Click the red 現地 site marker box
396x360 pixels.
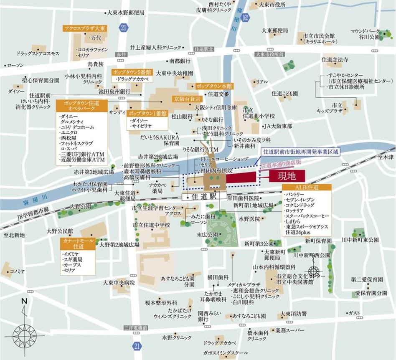pos(287,175)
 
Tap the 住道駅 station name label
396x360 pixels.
pos(204,195)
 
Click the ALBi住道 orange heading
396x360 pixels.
pos(306,188)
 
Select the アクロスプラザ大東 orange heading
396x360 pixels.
pos(85,28)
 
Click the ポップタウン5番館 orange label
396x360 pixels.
pos(132,71)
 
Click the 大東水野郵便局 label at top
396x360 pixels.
pos(125,13)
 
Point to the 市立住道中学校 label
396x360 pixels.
pos(152,225)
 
